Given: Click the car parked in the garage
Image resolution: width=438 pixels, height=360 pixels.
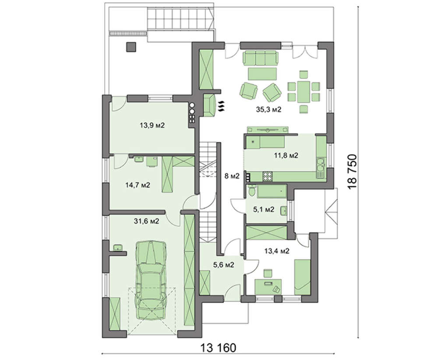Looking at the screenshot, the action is click(x=151, y=281).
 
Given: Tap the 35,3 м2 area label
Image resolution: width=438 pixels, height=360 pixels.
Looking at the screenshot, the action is click(x=268, y=109).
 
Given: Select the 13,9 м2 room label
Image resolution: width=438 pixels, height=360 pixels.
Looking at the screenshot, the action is click(x=152, y=125).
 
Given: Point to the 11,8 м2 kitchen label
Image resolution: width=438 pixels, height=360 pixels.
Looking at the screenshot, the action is click(x=286, y=155).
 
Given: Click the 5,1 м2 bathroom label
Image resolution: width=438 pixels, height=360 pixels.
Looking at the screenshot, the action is click(x=263, y=209).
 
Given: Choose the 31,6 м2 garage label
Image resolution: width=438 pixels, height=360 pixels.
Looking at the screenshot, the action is click(x=146, y=222).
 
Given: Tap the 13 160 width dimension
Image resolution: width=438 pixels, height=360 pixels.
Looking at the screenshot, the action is click(x=218, y=348).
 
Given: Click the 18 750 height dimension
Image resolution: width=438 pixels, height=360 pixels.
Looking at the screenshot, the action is click(x=353, y=172).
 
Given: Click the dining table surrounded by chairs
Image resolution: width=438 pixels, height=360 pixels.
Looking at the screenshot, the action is click(x=304, y=92).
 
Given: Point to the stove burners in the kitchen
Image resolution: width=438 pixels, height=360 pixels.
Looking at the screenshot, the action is click(x=268, y=176).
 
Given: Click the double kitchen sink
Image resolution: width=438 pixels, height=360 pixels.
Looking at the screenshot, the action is click(x=320, y=167).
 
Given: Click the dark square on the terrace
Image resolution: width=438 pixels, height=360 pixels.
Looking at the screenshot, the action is click(x=131, y=47).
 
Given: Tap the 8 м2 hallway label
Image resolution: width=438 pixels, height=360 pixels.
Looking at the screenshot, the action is click(x=232, y=176).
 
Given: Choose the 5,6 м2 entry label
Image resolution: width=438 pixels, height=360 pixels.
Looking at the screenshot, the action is click(x=224, y=265).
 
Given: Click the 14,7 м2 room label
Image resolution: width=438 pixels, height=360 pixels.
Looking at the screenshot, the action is click(x=138, y=185).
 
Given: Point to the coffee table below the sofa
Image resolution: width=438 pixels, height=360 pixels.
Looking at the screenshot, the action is click(x=262, y=74).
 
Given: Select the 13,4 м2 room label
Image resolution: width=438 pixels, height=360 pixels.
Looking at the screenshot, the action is click(x=277, y=251).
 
